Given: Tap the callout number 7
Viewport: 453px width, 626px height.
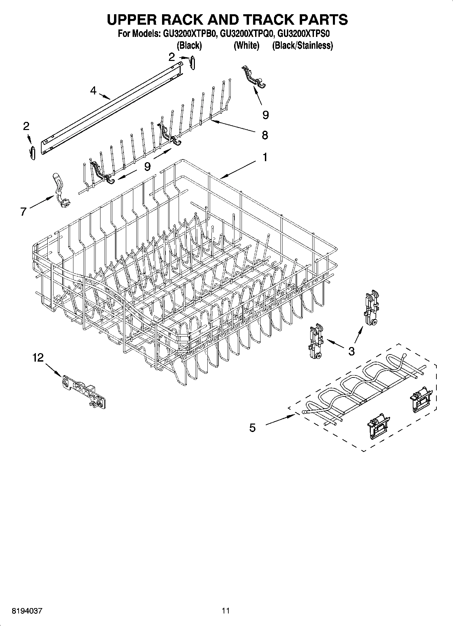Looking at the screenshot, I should pos(23,212).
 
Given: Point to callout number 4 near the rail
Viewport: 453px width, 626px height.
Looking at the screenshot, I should pos(93,90).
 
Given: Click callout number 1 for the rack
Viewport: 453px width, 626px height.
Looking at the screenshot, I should pos(265,157).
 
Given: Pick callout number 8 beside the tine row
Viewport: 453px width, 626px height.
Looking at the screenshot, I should pos(265,135).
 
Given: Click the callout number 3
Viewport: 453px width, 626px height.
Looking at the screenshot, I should pos(352,351).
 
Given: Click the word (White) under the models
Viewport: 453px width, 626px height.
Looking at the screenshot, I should pos(246,45).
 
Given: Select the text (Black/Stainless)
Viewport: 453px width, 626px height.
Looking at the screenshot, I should pos(302,45).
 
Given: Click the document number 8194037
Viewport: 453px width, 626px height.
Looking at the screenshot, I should pos(27,611).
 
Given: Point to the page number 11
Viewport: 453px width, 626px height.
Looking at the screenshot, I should pos(226,611).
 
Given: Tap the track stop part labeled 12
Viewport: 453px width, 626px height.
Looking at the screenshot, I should pos(85,391).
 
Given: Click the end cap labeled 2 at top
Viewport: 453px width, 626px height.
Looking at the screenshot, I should pos(193,62).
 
